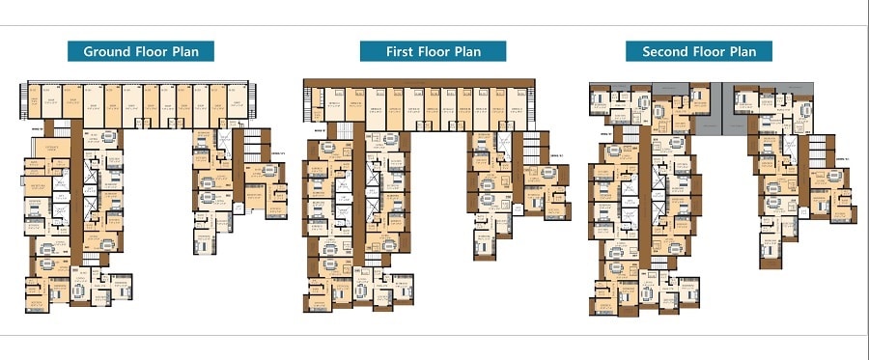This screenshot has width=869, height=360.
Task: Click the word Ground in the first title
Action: click(107, 52)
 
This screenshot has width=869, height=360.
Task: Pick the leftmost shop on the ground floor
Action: click(34, 101)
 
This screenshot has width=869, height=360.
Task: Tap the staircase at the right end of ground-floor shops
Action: click(254, 100)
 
